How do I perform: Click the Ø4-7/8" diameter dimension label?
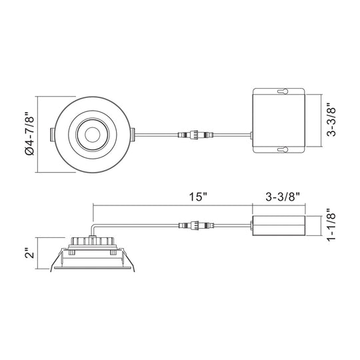point(30,134)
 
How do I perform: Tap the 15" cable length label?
point(198,197)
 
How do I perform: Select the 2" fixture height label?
point(30,253)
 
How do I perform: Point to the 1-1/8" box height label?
point(331,224)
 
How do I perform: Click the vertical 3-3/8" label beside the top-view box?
point(331,119)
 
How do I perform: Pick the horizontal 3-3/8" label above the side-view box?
point(283,197)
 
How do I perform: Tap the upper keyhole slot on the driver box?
point(283,91)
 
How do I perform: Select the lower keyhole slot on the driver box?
point(283,150)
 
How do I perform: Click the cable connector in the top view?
point(195,135)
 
